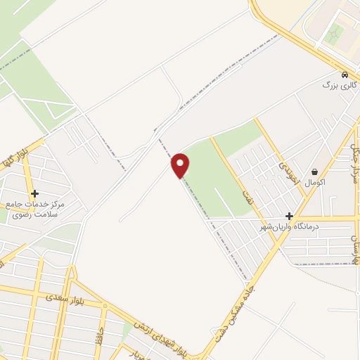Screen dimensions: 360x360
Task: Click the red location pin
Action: pyautogui.click(x=181, y=165)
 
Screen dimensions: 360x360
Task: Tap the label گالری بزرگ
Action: pyautogui.click(x=340, y=85)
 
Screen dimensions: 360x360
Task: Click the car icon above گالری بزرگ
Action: pyautogui.click(x=344, y=75)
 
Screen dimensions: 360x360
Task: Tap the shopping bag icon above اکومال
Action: pyautogui.click(x=314, y=171)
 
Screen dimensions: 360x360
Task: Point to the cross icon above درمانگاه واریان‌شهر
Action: pyautogui.click(x=289, y=216)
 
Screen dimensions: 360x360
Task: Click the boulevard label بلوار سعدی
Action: pyautogui.click(x=64, y=299)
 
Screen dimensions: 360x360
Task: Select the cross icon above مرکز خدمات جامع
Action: pyautogui.click(x=34, y=193)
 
